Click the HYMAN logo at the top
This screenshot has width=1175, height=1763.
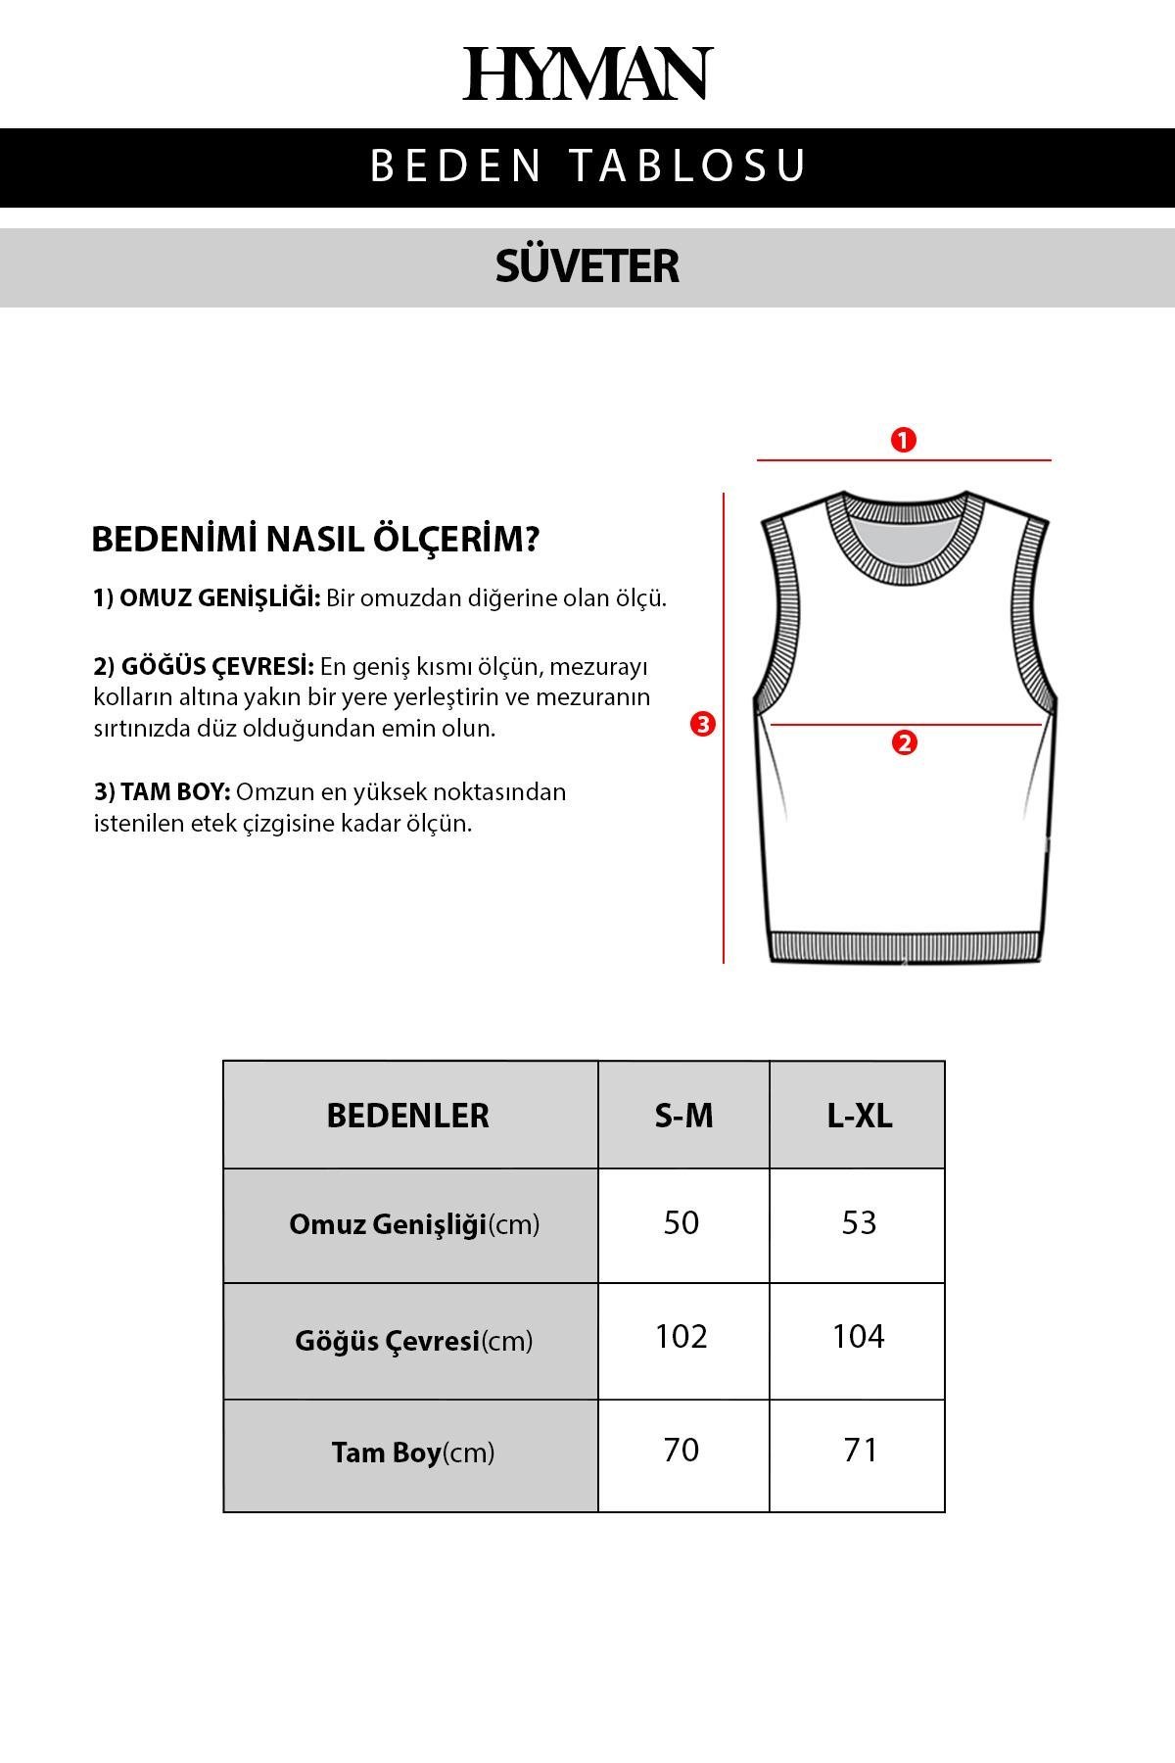point(587,73)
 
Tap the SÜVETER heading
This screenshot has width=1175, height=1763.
point(587,266)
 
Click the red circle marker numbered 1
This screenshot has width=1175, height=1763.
point(903,440)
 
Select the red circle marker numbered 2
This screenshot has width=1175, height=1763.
point(904,742)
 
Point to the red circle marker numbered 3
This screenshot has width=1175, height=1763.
point(702,725)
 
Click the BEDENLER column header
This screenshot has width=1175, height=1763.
point(407,1116)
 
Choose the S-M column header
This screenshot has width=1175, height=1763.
point(683,1116)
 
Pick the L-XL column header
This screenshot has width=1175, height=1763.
point(859,1116)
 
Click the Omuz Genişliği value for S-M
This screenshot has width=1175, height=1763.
point(681,1222)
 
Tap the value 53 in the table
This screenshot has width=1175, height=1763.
point(859,1222)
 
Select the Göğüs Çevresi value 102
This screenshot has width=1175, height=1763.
point(681,1337)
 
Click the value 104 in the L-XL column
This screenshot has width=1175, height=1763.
point(859,1337)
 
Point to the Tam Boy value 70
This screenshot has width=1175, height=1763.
point(681,1451)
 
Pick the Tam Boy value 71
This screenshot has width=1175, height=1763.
point(860,1451)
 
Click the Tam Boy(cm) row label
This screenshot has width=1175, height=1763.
point(412,1453)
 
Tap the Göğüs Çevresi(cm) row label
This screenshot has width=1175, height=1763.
point(413,1341)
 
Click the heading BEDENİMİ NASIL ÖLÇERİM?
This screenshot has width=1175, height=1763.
point(314,540)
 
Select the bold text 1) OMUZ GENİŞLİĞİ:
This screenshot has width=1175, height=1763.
point(207,598)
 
